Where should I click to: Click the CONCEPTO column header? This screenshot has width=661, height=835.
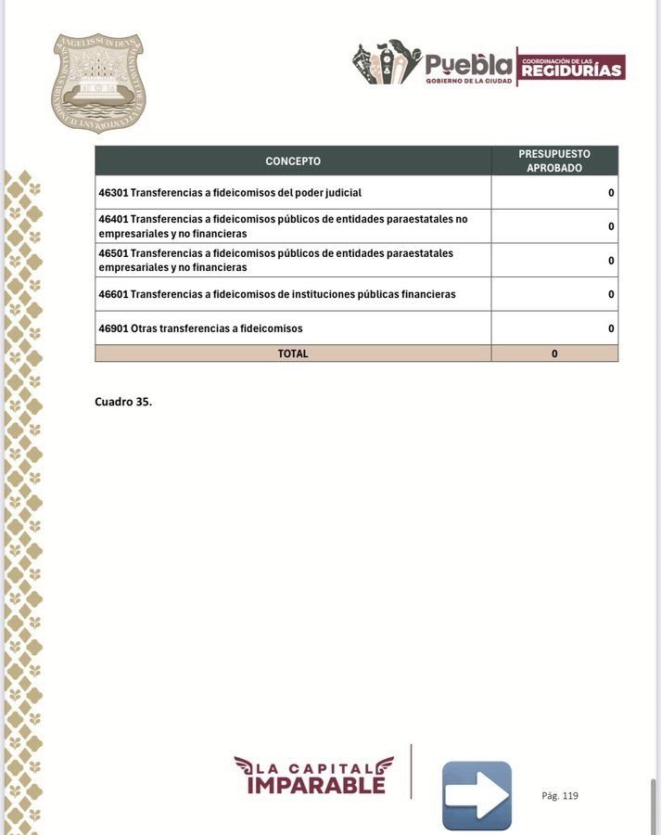point(293,161)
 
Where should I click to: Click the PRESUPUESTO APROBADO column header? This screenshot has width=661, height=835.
point(554,161)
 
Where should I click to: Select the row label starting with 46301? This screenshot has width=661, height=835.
point(230,193)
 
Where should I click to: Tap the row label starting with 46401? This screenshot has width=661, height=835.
point(283,226)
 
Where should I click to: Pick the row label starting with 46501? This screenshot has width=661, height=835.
point(275,260)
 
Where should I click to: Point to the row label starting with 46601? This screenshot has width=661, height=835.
point(277,294)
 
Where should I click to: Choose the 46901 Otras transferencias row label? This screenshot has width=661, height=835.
point(200,328)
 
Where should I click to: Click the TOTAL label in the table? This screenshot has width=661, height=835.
point(293,353)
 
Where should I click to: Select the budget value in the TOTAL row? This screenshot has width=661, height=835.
point(554,353)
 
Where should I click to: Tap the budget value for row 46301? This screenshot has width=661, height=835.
point(611,193)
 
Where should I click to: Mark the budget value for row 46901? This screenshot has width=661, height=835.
point(611,328)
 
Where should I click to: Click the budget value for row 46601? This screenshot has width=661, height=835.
point(611,294)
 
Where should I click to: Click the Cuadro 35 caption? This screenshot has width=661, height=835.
point(123,402)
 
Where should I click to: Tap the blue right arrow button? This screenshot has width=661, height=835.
point(477,795)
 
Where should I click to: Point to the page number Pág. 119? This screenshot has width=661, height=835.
point(560,796)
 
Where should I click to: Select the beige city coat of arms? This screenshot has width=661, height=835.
point(98,83)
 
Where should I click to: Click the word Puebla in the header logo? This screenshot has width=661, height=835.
point(468,65)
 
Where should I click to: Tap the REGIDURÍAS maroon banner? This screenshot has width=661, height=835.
point(572,68)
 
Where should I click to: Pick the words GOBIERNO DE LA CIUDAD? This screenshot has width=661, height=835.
point(468,82)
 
